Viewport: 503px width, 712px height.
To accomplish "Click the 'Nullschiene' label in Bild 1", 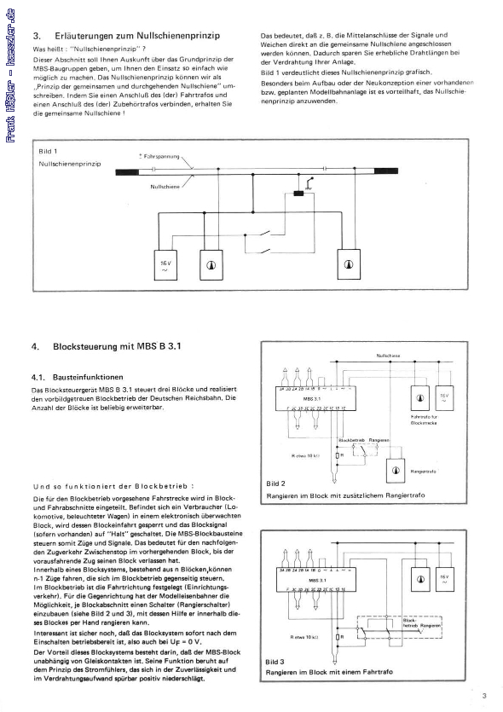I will point(165,186).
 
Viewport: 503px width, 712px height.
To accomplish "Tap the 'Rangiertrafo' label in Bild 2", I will point(424,470).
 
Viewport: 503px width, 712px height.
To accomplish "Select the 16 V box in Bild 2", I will point(444,397).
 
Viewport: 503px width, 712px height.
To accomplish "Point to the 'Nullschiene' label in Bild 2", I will point(387,356).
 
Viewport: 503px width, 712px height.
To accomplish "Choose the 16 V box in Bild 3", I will point(444,579).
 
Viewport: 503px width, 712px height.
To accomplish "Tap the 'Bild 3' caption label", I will point(275,661).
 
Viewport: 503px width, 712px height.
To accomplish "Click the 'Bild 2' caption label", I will point(275,484).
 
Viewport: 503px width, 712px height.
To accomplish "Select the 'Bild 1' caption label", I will point(48,150).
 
